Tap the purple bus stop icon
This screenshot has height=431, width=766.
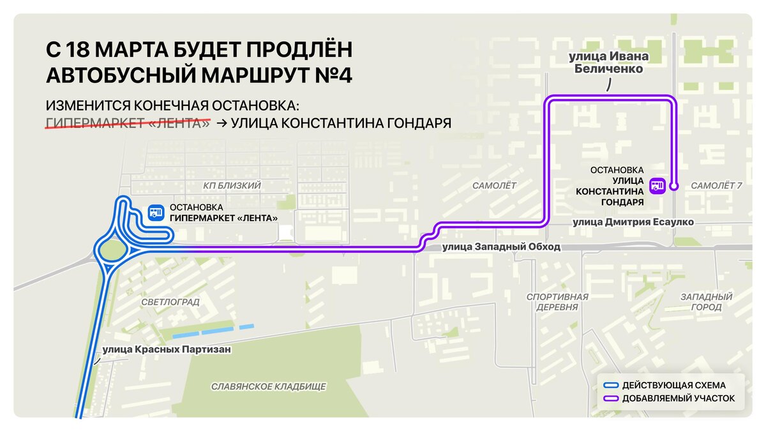(657, 186)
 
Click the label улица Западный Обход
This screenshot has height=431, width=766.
(501, 246)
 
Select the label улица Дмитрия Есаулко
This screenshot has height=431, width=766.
(633, 222)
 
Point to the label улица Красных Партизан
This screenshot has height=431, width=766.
(166, 349)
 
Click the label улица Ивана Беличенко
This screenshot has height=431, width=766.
(608, 63)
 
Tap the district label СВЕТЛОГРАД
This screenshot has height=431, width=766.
(170, 301)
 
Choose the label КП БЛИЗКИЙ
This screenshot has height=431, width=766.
(232, 185)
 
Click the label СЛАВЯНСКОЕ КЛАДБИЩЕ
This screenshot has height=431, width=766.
(269, 386)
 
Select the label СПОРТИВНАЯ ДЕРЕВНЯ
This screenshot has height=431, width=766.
(557, 301)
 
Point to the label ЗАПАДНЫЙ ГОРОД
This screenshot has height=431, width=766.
(706, 301)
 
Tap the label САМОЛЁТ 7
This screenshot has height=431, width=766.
(716, 185)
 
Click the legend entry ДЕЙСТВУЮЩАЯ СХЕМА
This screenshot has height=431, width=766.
(673, 385)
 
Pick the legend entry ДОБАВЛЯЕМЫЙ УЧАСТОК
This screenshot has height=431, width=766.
(678, 398)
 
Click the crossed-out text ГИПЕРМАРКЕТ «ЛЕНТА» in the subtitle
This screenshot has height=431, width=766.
(128, 123)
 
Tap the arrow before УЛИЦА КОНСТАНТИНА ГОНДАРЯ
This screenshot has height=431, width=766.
(222, 123)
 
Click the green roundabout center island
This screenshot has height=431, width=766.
(112, 249)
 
